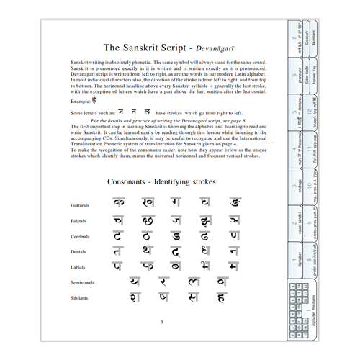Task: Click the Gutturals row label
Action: pyautogui.click(x=76, y=205)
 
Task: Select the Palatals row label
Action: pyautogui.click(x=75, y=221)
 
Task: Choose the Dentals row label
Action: pyautogui.click(x=75, y=252)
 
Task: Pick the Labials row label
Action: pyautogui.click(x=75, y=267)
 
